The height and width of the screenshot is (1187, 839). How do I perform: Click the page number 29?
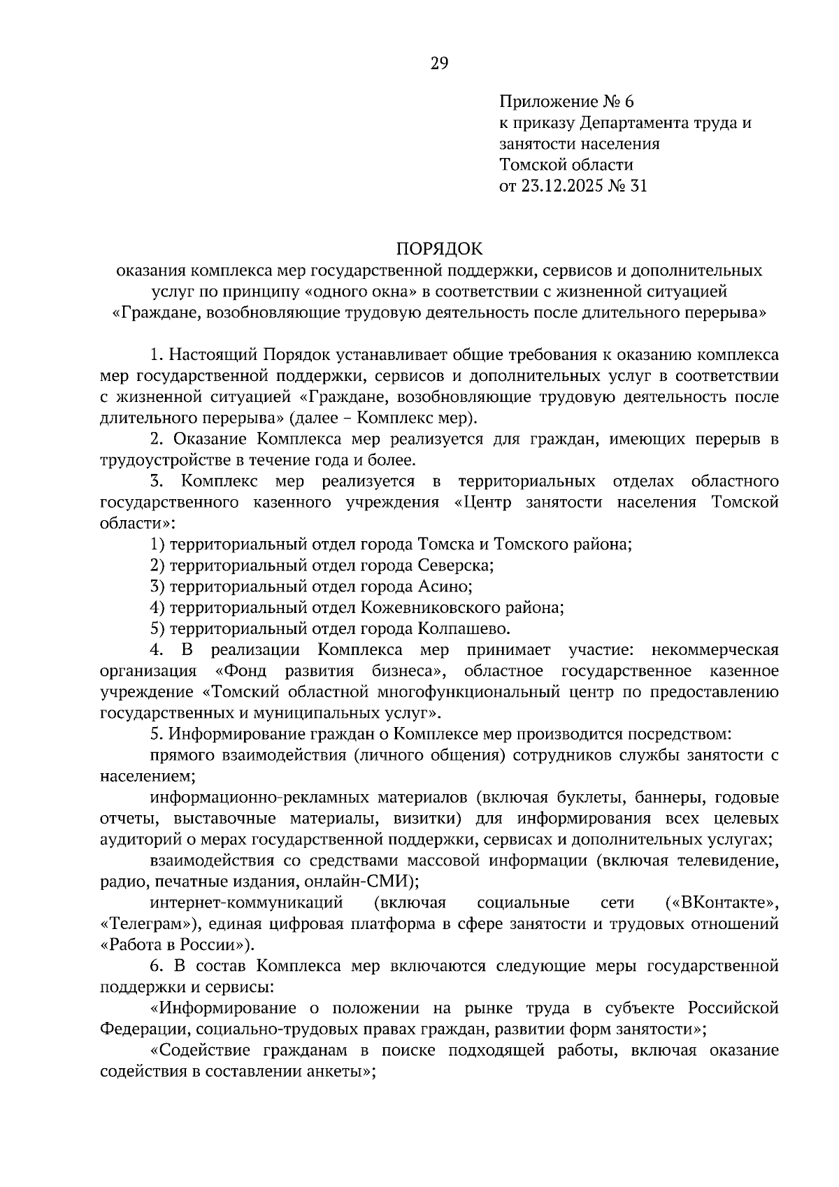(x=438, y=64)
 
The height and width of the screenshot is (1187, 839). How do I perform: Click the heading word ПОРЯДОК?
(x=440, y=248)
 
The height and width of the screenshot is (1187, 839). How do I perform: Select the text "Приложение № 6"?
(x=566, y=102)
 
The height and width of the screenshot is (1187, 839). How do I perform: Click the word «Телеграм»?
(x=146, y=923)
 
